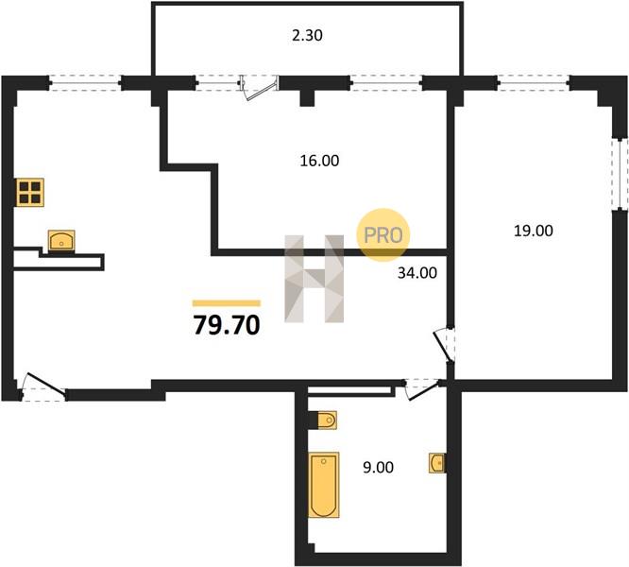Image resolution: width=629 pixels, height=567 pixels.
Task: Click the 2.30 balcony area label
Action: click(307, 36)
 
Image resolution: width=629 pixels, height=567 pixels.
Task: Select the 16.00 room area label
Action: click(319, 161)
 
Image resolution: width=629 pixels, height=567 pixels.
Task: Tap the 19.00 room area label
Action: click(534, 231)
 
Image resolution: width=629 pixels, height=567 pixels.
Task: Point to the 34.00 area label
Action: click(417, 273)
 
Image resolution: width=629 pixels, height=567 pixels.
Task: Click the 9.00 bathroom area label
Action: click(378, 468)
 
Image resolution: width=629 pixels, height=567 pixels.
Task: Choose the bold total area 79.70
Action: click(227, 325)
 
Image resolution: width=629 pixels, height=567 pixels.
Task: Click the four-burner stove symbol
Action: click(30, 193)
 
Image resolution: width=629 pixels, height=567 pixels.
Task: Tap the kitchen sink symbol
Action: click(61, 241)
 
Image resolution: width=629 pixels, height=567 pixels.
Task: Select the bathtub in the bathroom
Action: click(324, 485)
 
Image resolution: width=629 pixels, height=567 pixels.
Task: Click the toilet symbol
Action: click(327, 421)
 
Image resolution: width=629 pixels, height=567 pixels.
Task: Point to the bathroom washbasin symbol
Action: click(437, 463)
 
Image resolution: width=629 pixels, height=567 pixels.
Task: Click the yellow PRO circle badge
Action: click(383, 234)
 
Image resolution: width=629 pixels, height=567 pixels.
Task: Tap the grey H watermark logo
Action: click(314, 279)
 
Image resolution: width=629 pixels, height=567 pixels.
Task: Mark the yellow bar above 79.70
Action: click(227, 303)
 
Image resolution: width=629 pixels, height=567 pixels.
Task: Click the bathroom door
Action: click(423, 388)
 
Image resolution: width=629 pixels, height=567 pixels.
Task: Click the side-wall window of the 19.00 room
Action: click(622, 174)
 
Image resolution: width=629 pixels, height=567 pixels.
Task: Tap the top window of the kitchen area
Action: click(85, 83)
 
